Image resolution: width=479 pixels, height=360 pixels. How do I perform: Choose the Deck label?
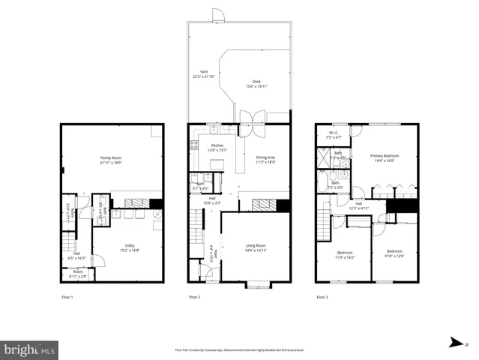[256, 83]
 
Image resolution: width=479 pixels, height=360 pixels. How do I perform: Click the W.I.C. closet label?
[334, 136]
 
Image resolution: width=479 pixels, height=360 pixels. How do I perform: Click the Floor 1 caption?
[67, 297]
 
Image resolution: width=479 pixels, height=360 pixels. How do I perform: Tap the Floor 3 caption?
[322, 297]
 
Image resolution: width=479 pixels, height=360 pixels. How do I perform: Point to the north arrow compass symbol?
[455, 343]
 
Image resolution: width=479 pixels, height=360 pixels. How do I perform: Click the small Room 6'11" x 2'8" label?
[78, 274]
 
